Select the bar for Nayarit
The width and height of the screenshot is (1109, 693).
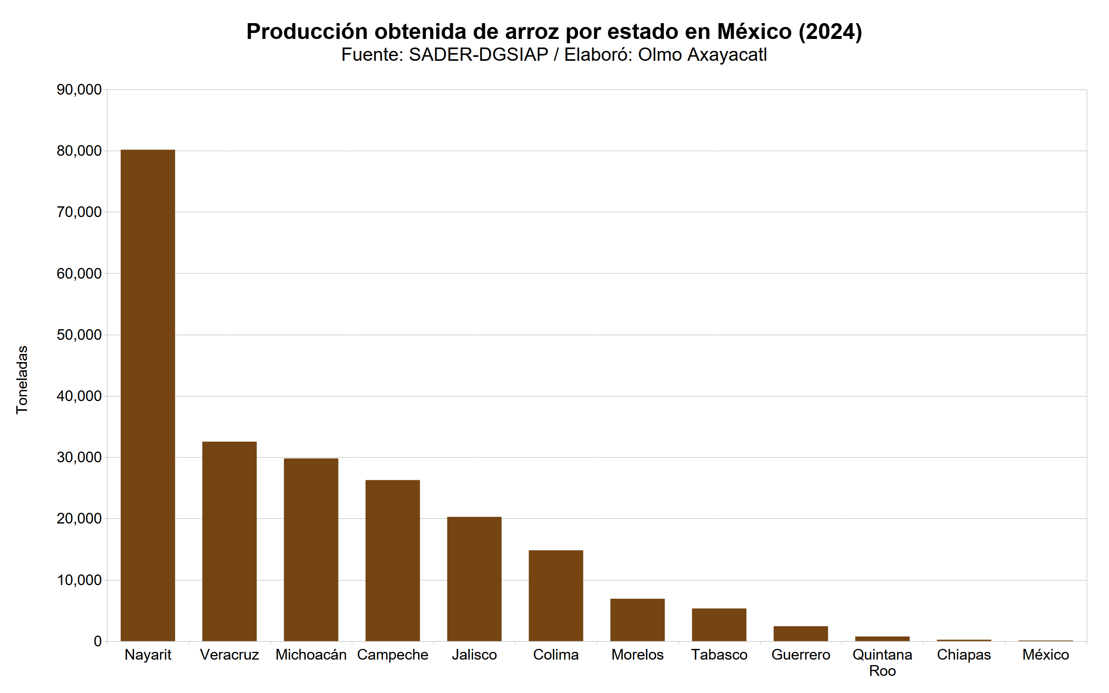[x=148, y=395]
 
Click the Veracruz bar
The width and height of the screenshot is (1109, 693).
[x=229, y=541]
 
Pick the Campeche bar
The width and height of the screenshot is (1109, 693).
[x=392, y=560]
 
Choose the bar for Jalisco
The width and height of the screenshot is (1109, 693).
[x=474, y=578]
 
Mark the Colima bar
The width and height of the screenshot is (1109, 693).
[x=556, y=595]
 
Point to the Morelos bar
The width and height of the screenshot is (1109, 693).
[x=637, y=620]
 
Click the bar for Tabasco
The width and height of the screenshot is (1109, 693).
[x=719, y=624]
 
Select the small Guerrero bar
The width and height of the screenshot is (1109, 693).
[x=800, y=634]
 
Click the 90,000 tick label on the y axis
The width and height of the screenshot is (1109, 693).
[x=79, y=90]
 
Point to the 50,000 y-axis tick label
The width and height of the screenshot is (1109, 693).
[x=79, y=335]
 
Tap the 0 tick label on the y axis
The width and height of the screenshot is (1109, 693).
[x=97, y=641]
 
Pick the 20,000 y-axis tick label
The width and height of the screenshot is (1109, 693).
[x=79, y=519]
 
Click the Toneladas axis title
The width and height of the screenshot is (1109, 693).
[x=22, y=380]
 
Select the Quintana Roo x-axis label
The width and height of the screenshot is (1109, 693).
[x=882, y=662]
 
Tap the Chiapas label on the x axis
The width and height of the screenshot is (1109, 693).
[x=963, y=654]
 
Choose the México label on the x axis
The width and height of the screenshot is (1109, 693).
[x=1045, y=654]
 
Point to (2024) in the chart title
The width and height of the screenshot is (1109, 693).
[x=830, y=32]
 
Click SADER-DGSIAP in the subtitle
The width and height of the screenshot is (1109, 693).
[x=479, y=54]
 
